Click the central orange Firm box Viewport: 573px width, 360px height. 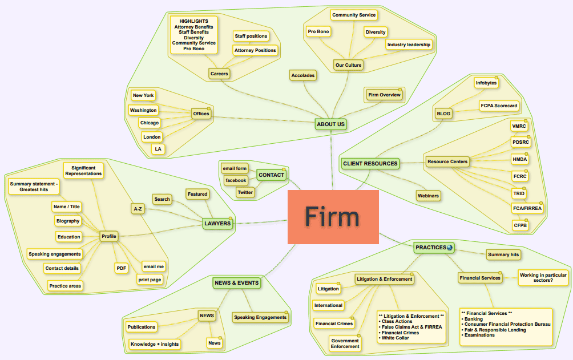pyautogui.click(x=333, y=217)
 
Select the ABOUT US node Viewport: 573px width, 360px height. pyautogui.click(x=331, y=124)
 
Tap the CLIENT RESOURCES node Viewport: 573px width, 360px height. pyautogui.click(x=370, y=164)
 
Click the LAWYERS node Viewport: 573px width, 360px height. pyautogui.click(x=217, y=223)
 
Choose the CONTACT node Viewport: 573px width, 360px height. pyautogui.click(x=271, y=175)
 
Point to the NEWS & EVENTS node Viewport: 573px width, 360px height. pyautogui.click(x=236, y=282)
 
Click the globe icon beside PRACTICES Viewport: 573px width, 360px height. pyautogui.click(x=450, y=248)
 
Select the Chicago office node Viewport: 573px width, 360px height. pyautogui.click(x=150, y=123)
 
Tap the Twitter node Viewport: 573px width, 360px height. pyautogui.click(x=245, y=192)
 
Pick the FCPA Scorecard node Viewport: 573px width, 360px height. pyautogui.click(x=499, y=106)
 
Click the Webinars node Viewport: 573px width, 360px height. pyautogui.click(x=428, y=196)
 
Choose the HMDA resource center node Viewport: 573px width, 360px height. pyautogui.click(x=520, y=159)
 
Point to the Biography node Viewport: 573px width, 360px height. pyautogui.click(x=68, y=221)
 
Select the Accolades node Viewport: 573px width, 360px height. pyautogui.click(x=302, y=75)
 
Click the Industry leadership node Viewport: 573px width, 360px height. pyautogui.click(x=409, y=45)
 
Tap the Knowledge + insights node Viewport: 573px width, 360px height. pyautogui.click(x=154, y=344)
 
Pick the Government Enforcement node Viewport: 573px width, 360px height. pyautogui.click(x=345, y=343)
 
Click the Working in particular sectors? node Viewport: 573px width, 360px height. pyautogui.click(x=543, y=278)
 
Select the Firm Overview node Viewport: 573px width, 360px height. pyautogui.click(x=384, y=95)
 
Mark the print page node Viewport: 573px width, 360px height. pyautogui.click(x=150, y=280)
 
